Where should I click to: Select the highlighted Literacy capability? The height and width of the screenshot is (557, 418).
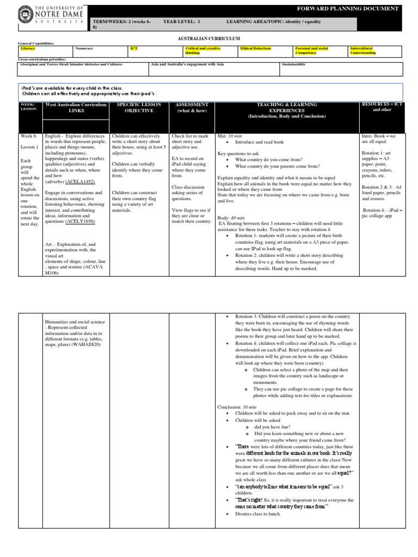27,48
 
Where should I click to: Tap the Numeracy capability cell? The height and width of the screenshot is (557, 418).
84,48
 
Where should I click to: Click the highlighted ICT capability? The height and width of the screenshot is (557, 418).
134,48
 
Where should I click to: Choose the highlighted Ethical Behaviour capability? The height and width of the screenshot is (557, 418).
256,48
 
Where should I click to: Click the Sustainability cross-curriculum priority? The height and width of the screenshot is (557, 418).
294,64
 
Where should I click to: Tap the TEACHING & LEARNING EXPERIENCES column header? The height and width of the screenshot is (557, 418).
285,110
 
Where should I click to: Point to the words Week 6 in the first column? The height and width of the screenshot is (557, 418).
27,136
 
